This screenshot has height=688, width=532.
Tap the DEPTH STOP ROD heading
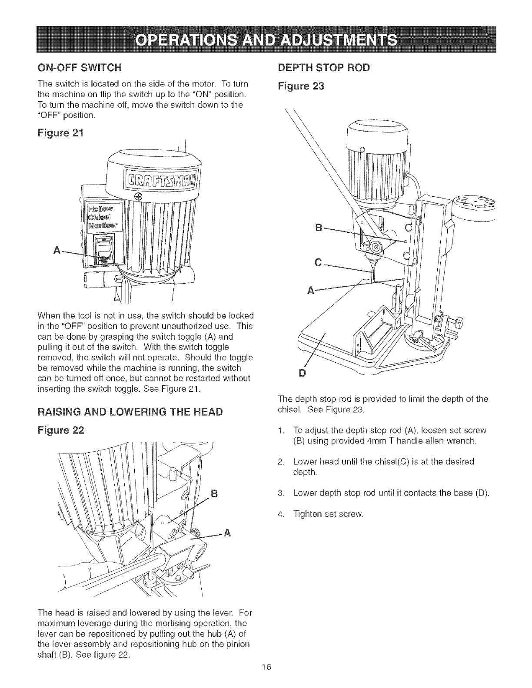(x=324, y=68)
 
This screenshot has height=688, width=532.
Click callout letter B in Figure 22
(x=213, y=493)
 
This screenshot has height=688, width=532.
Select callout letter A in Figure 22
(x=226, y=533)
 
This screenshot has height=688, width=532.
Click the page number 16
(x=266, y=679)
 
